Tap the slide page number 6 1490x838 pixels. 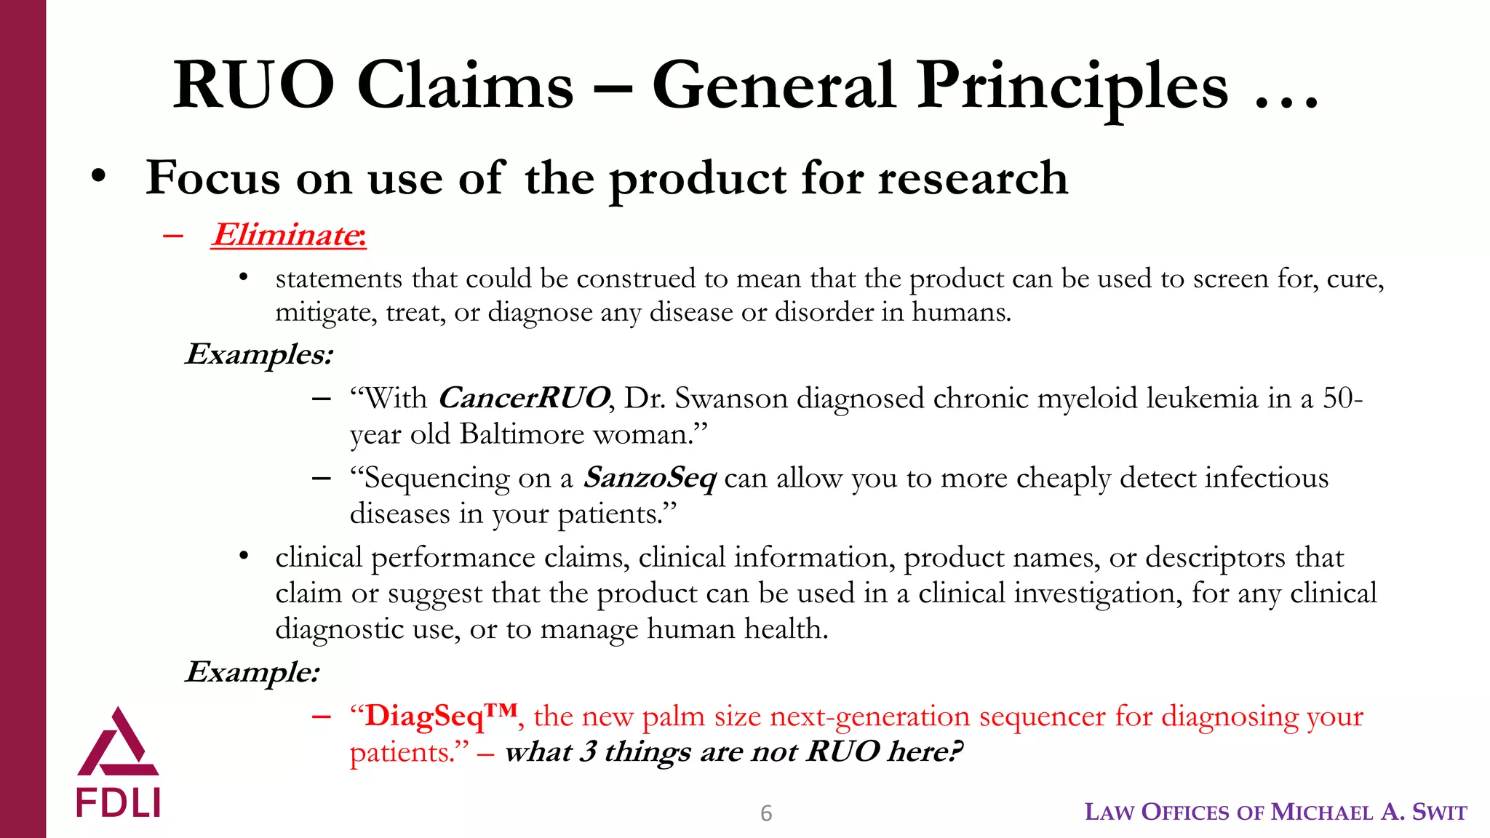coord(765,813)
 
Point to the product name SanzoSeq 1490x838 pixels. coord(650,478)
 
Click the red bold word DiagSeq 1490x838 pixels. coord(424,716)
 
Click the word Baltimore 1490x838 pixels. coord(522,434)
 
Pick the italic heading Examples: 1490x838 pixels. coord(259,354)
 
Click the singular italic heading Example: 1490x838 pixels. coord(252,671)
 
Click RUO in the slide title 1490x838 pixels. coord(253,87)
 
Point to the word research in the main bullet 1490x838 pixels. coord(973,177)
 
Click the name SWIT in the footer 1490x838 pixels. coord(1439,812)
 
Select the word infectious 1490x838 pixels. coord(1267,478)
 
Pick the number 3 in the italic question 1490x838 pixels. coord(588,751)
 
